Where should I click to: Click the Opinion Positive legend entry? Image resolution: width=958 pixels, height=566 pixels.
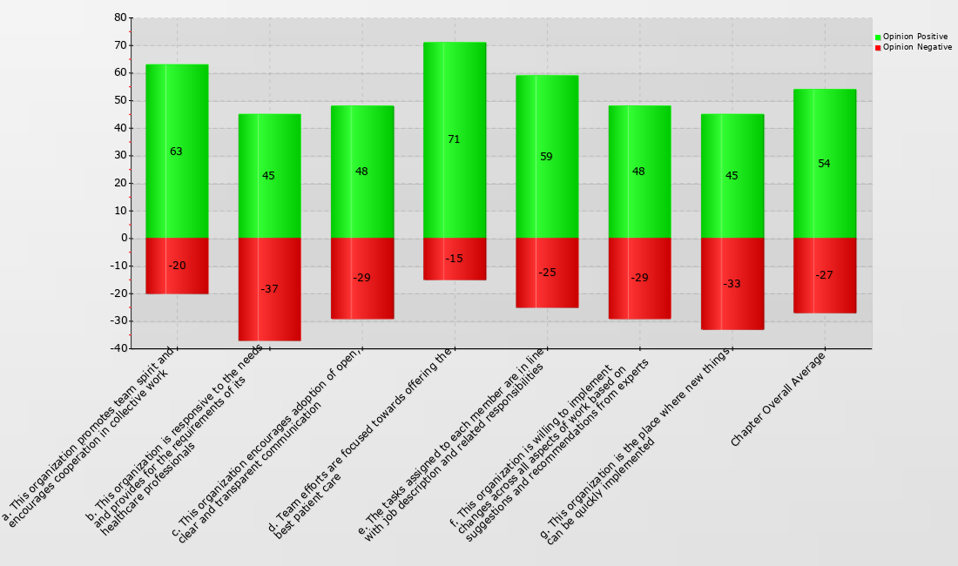914,37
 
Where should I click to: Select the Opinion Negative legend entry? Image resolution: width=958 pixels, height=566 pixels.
914,47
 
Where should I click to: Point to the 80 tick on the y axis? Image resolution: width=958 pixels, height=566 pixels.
120,17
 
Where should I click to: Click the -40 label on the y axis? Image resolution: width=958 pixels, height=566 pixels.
117,348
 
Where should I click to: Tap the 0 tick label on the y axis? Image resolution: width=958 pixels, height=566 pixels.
123,238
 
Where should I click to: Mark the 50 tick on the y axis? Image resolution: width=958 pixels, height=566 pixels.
120,100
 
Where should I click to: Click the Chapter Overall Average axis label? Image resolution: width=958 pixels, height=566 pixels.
778,399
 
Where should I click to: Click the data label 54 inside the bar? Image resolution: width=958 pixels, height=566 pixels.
824,164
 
